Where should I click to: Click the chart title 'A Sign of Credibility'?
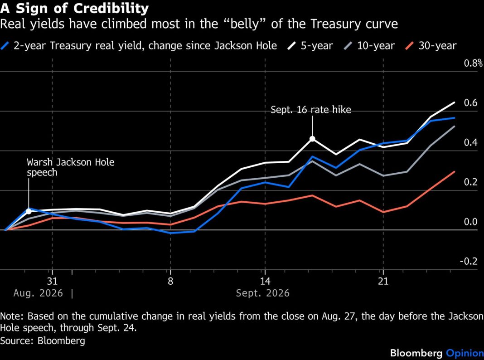74,8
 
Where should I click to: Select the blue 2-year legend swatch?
5,46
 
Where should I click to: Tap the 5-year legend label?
317,46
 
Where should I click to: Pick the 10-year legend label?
376,46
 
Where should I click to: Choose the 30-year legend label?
437,46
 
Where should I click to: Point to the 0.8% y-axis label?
473,63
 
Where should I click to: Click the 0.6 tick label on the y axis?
471,103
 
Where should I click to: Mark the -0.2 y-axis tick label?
469,262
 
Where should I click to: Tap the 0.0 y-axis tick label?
471,222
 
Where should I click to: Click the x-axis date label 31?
52,281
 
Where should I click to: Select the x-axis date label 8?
170,281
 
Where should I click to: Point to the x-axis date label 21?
383,281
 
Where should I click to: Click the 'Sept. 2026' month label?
263,293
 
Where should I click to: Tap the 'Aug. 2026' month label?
38,293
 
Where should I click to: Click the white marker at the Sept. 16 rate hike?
312,139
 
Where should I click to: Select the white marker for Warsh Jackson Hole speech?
29,211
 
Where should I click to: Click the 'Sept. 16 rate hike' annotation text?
311,110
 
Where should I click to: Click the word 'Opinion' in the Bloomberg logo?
465,353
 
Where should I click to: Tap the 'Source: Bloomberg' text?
43,341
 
